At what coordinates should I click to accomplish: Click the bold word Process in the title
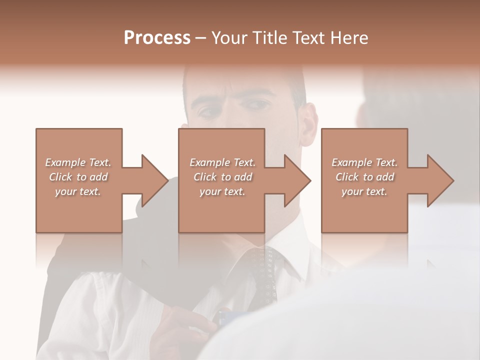click(x=157, y=38)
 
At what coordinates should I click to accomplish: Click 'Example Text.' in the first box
click(x=78, y=162)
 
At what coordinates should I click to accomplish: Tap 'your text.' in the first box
click(x=78, y=191)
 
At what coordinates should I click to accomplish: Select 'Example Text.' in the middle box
click(x=222, y=162)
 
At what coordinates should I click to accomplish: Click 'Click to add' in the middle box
click(x=222, y=177)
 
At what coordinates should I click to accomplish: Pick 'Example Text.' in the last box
click(x=364, y=162)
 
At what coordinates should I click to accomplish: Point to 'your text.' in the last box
click(x=364, y=191)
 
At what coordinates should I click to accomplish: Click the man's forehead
click(x=240, y=80)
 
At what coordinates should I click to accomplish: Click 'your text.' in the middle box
click(x=222, y=191)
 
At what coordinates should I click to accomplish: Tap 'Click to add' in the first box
click(x=78, y=177)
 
